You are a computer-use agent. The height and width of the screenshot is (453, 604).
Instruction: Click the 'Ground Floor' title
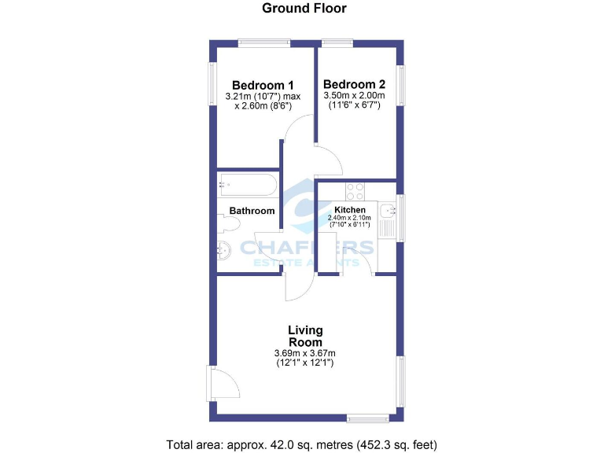(304, 9)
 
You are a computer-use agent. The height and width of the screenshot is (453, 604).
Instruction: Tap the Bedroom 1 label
(262, 85)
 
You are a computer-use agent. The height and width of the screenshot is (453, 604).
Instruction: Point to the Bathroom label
(252, 211)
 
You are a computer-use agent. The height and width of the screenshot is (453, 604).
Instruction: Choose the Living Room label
(305, 336)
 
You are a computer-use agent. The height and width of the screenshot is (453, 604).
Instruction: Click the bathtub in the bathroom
(247, 186)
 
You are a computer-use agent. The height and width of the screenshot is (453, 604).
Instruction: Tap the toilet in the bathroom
(230, 224)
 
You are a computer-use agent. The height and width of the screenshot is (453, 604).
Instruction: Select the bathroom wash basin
(224, 252)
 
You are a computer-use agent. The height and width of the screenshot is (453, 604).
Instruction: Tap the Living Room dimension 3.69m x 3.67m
(305, 358)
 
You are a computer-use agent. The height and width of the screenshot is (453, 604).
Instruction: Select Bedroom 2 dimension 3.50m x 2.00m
(354, 101)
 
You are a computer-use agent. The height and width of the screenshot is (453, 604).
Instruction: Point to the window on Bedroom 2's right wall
(401, 85)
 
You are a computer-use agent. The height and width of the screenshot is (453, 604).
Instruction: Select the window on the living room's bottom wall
(368, 417)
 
